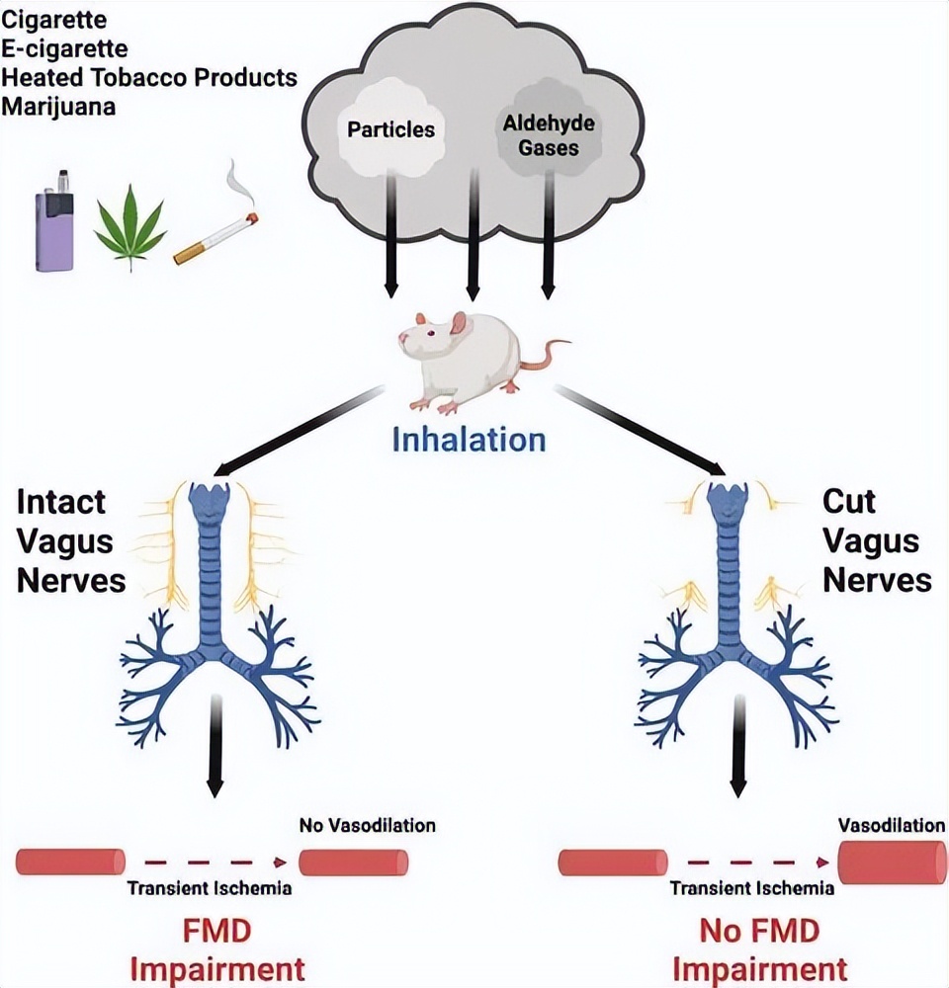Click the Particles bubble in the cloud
(x=391, y=129)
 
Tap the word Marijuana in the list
(x=58, y=106)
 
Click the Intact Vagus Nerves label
(x=70, y=540)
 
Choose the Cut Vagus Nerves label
(x=876, y=540)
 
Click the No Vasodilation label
(x=367, y=824)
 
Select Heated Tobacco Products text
(x=149, y=78)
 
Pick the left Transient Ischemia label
(x=209, y=887)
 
